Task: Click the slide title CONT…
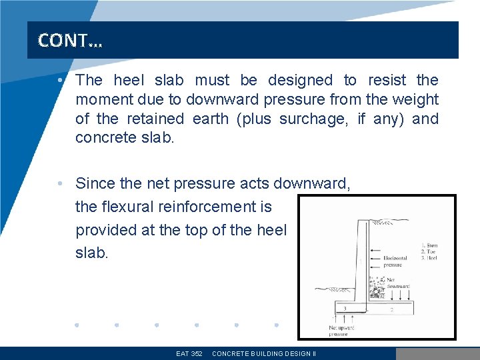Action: coord(71,41)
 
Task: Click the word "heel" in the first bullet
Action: coord(129,81)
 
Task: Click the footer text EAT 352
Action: coord(189,353)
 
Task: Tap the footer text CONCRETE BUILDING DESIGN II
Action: coord(263,353)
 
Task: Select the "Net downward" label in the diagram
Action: coord(399,283)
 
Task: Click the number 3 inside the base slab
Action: coord(344,308)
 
